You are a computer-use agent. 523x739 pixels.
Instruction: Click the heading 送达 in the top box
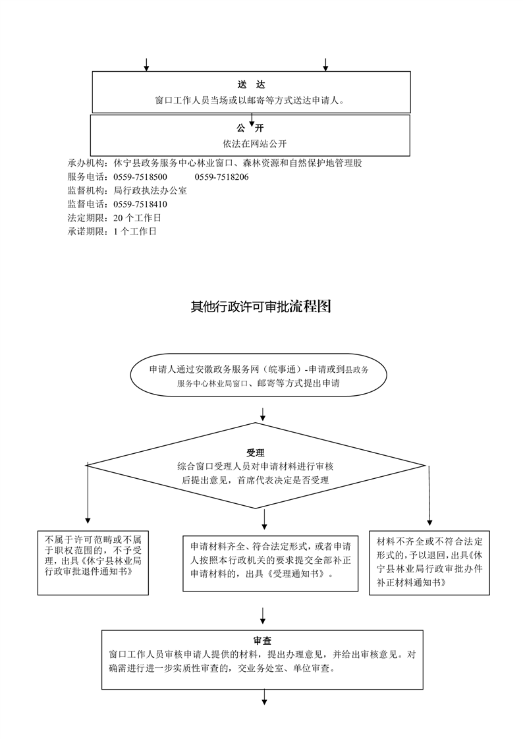coord(251,84)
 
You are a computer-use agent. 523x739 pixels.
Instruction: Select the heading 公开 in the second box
coord(251,128)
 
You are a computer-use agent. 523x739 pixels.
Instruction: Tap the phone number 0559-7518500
coord(140,177)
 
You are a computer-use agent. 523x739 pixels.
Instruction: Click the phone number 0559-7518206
coord(221,177)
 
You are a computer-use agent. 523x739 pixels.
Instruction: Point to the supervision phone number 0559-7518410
coord(140,205)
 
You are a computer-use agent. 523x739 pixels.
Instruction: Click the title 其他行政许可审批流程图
coord(261,306)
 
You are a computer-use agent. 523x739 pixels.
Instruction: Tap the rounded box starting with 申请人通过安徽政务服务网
coord(258,376)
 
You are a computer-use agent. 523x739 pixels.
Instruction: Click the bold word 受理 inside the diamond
coord(256,453)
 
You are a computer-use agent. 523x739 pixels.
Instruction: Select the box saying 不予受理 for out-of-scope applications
coord(94,562)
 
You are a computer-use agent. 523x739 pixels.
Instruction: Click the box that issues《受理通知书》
coord(271,563)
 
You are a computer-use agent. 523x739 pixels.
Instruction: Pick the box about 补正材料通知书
coord(429,562)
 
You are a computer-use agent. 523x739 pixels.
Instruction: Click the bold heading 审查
coord(262,641)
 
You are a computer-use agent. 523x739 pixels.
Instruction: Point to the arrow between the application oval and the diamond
coord(263,414)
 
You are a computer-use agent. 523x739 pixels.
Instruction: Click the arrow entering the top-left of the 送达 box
coord(146,65)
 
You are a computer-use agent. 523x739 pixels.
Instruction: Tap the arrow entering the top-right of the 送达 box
coord(325,65)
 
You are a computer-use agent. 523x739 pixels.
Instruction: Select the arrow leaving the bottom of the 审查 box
coord(264,697)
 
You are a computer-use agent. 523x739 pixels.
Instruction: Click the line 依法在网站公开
coord(254,144)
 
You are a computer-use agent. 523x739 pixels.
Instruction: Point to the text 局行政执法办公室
coord(150,191)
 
